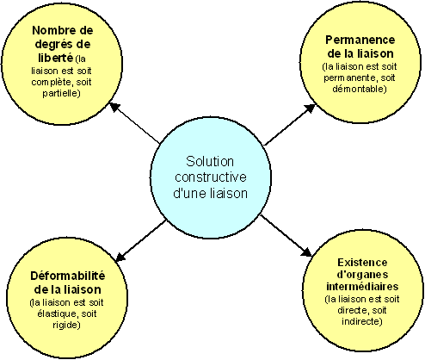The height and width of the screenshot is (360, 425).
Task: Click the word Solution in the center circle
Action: [210, 161]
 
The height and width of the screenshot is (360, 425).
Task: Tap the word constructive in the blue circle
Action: [211, 177]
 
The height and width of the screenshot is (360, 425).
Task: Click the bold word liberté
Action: [56, 58]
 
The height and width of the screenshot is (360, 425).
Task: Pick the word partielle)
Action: [61, 93]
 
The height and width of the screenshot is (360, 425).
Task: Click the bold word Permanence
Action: [360, 40]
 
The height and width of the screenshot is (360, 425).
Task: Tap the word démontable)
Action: [360, 89]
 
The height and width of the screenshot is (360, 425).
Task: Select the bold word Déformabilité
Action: [68, 276]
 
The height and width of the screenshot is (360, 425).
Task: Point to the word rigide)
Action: [66, 325]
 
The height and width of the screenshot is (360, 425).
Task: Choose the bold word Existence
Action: [362, 263]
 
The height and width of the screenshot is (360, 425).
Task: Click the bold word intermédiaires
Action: [362, 287]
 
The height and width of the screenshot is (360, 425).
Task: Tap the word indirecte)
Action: [362, 321]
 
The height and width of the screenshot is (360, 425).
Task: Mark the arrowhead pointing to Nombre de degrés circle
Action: [115, 107]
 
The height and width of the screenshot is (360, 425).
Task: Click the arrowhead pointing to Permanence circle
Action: [309, 109]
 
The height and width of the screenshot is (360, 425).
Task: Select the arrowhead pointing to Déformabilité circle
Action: [121, 257]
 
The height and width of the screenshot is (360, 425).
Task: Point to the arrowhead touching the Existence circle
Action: [306, 251]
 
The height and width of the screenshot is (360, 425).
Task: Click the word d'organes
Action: [362, 275]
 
